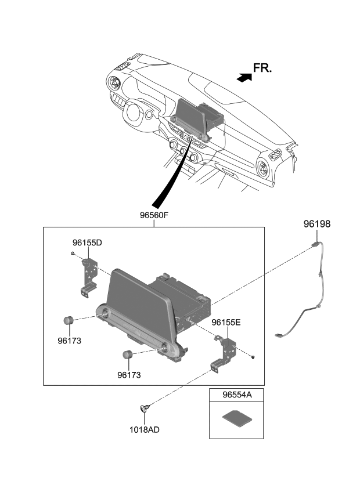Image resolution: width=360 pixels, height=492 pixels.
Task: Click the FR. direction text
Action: tap(262, 68)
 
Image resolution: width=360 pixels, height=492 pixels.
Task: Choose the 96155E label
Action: tap(226, 322)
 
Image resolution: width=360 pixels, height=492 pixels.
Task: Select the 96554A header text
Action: tap(237, 396)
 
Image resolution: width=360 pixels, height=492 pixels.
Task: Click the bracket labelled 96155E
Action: tap(225, 352)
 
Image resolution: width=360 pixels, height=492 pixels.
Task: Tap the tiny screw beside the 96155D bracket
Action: tap(71, 254)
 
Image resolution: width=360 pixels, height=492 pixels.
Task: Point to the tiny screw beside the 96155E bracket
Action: tap(254, 357)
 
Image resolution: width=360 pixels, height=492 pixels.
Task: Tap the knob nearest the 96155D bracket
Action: tap(68, 320)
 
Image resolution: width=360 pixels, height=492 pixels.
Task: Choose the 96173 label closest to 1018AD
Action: tap(129, 375)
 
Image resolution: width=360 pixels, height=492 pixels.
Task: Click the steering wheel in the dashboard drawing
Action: tap(135, 115)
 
